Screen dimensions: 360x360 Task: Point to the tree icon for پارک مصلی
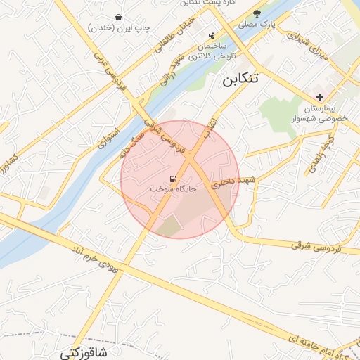(257, 13)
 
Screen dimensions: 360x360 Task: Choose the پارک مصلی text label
(257, 25)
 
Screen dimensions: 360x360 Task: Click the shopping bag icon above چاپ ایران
(117, 17)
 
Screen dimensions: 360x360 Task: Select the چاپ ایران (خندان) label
(117, 28)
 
